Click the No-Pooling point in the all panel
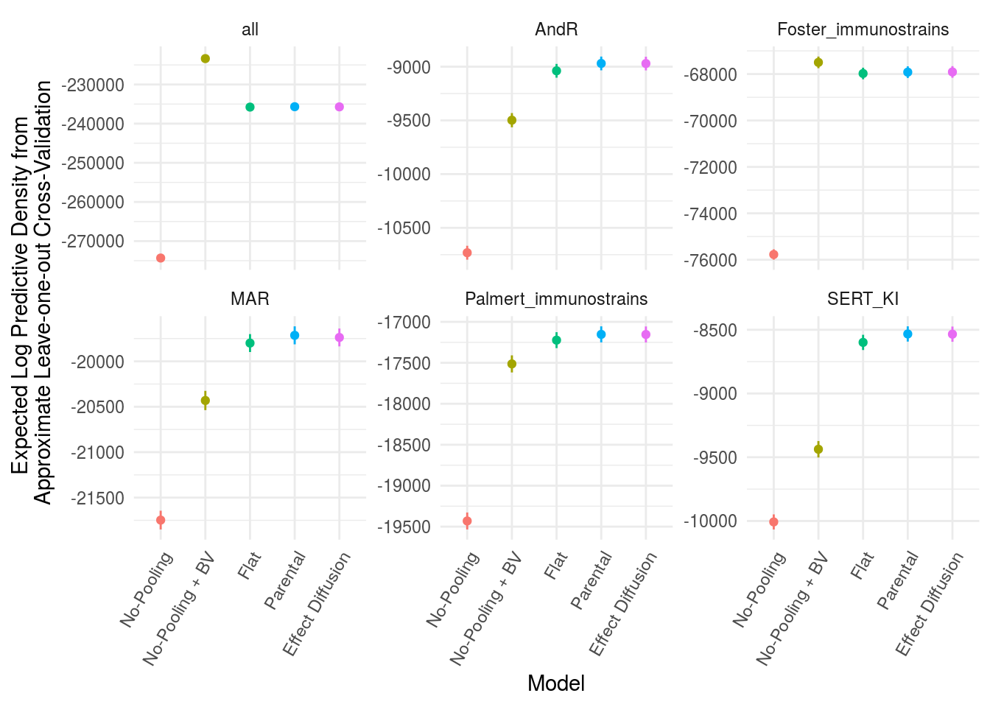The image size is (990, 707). click(x=161, y=258)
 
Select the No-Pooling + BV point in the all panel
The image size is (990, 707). click(x=206, y=59)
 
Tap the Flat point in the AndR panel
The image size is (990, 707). click(x=557, y=71)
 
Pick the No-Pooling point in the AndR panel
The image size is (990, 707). click(x=467, y=253)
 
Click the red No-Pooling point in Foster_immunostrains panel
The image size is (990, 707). click(x=773, y=255)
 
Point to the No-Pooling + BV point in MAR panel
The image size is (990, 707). click(x=206, y=401)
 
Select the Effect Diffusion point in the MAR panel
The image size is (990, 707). click(x=340, y=337)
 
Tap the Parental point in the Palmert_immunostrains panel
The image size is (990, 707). click(x=601, y=334)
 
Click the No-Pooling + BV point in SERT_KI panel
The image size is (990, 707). click(x=818, y=449)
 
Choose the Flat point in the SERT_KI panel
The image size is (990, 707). click(x=863, y=342)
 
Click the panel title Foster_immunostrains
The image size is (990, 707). click(x=863, y=29)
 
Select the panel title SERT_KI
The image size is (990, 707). click(x=863, y=298)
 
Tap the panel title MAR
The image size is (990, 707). click(x=250, y=298)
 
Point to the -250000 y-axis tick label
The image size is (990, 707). click(x=93, y=163)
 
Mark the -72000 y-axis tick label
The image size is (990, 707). click(x=710, y=168)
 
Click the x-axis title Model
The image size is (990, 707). click(x=556, y=683)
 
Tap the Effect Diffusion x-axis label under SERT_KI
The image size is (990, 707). click(x=930, y=604)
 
